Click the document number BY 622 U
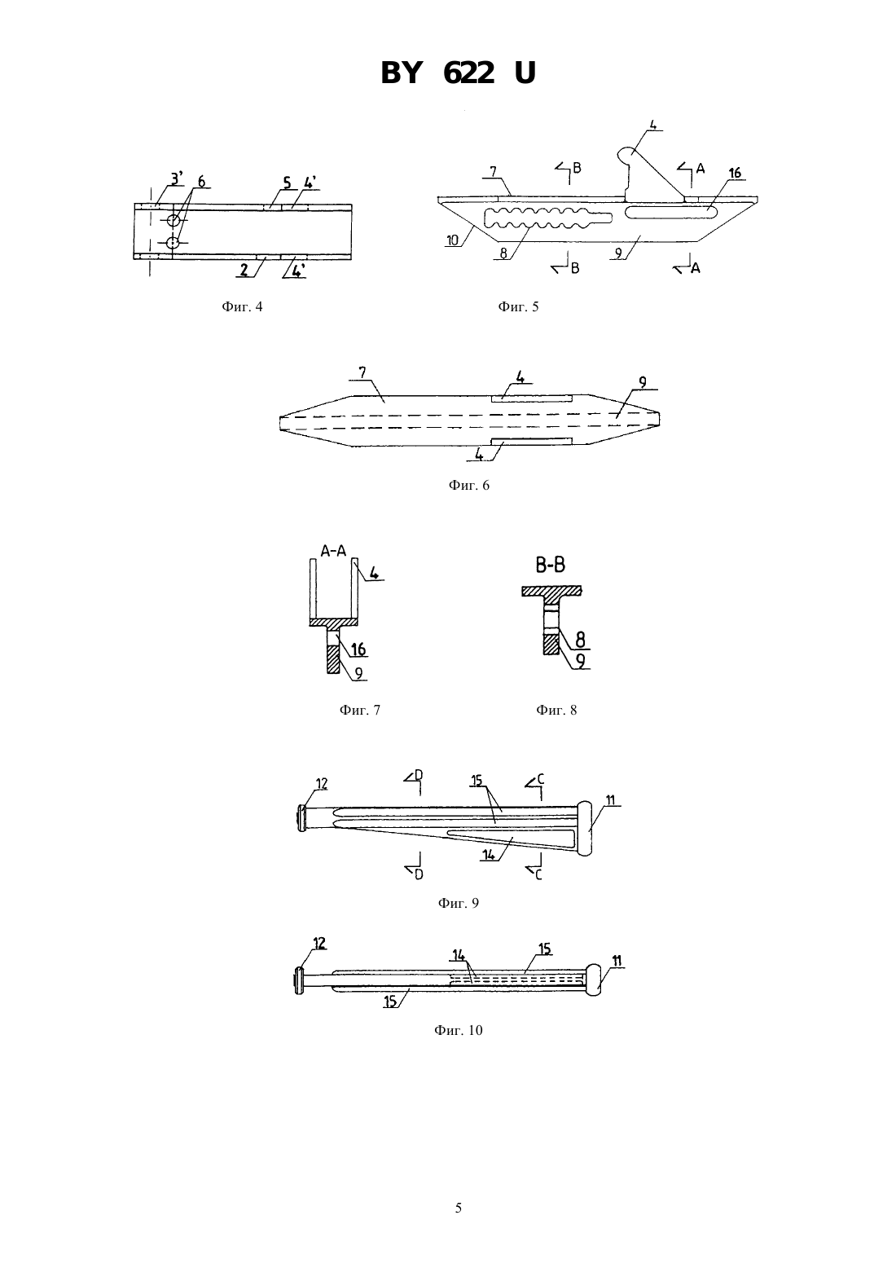[x=458, y=73]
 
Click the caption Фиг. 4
[x=242, y=306]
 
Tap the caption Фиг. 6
[x=469, y=485]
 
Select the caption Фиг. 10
[x=458, y=1030]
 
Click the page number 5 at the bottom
[x=458, y=1208]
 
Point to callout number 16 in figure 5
[x=735, y=173]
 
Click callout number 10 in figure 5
[x=453, y=240]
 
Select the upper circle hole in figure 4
[x=173, y=220]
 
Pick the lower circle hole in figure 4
[x=173, y=243]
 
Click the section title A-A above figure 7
[x=333, y=551]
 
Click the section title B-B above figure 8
[x=551, y=565]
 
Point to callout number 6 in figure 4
[x=201, y=182]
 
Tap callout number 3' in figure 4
[x=177, y=178]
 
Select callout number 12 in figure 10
[x=319, y=943]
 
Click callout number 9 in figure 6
[x=643, y=383]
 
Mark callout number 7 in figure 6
[x=362, y=372]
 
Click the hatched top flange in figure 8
[x=551, y=591]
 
